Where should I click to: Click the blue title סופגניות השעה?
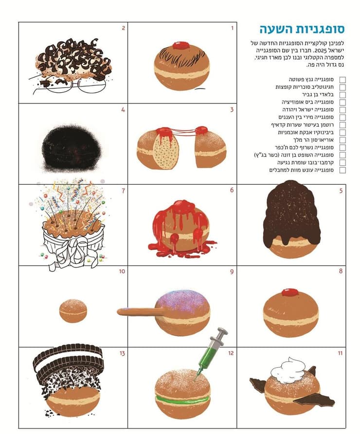[302, 29]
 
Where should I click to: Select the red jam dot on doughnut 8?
[290, 293]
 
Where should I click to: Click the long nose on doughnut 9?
[139, 312]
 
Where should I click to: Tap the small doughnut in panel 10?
[73, 311]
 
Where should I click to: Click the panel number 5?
[341, 191]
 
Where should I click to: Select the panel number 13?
[122, 353]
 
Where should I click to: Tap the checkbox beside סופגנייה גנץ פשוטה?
[342, 80]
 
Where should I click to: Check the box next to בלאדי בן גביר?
[342, 95]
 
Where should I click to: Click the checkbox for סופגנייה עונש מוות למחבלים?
[342, 170]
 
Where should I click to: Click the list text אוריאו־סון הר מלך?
[313, 140]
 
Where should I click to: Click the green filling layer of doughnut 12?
[182, 399]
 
